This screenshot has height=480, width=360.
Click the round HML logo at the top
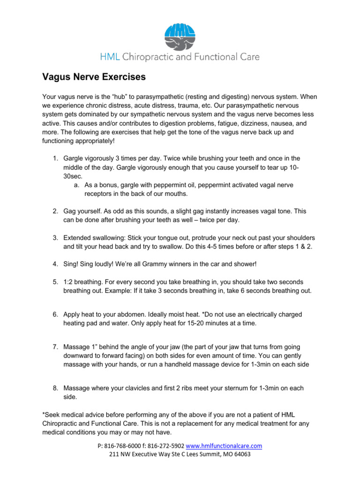(x=180, y=37)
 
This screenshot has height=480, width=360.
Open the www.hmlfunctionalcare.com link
(x=224, y=446)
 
